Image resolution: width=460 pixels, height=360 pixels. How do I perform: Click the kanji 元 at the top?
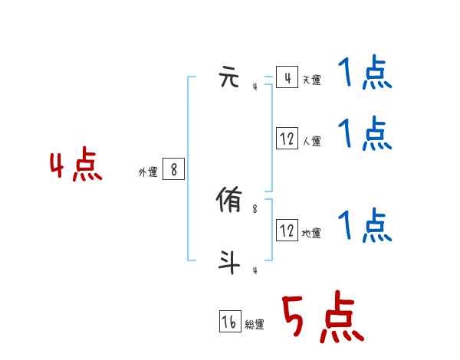point(230,77)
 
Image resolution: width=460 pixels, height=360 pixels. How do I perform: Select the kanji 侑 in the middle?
point(230,201)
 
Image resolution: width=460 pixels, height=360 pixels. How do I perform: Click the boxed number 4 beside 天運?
point(287,77)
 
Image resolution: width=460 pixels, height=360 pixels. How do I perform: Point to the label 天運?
point(311,80)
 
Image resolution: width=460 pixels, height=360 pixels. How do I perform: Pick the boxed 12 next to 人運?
point(287,139)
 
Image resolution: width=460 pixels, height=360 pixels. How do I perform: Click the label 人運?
point(311,141)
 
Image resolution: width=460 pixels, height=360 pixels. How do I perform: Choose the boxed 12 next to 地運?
point(287,230)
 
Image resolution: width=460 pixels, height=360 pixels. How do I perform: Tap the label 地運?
point(311,233)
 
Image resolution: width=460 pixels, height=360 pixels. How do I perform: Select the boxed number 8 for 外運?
point(173,170)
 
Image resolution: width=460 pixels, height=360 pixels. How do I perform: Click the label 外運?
point(148,173)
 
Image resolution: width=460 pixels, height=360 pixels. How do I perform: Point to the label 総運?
point(255,325)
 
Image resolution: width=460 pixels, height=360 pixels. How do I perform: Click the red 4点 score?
point(75,167)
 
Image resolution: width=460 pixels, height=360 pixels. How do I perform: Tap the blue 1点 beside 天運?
point(365,74)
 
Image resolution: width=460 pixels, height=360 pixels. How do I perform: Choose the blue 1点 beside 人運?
point(365,135)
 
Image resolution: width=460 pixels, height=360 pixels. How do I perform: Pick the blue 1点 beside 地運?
point(365,226)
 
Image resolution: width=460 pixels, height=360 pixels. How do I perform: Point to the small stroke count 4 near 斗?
point(255,270)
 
